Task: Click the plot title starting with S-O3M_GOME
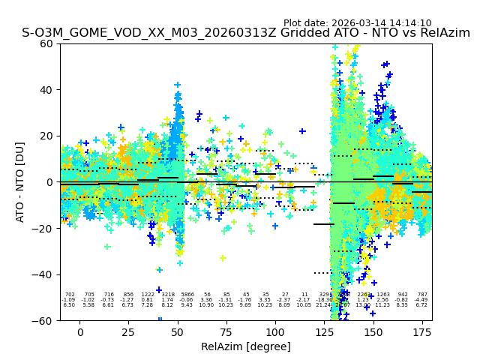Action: pos(246,33)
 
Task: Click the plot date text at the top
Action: pos(357,23)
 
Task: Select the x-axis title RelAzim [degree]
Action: pos(246,346)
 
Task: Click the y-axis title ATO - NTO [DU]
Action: pos(20,182)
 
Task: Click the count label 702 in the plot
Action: pos(70,295)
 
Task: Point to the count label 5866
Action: pos(187,295)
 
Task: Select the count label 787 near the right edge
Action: pos(422,295)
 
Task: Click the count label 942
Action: pos(403,295)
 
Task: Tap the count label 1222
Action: pos(148,295)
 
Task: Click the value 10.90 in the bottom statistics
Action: pos(206,305)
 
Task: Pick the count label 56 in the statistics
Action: pos(206,295)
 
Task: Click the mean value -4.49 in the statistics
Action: pos(422,300)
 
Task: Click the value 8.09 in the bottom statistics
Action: pos(284,305)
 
